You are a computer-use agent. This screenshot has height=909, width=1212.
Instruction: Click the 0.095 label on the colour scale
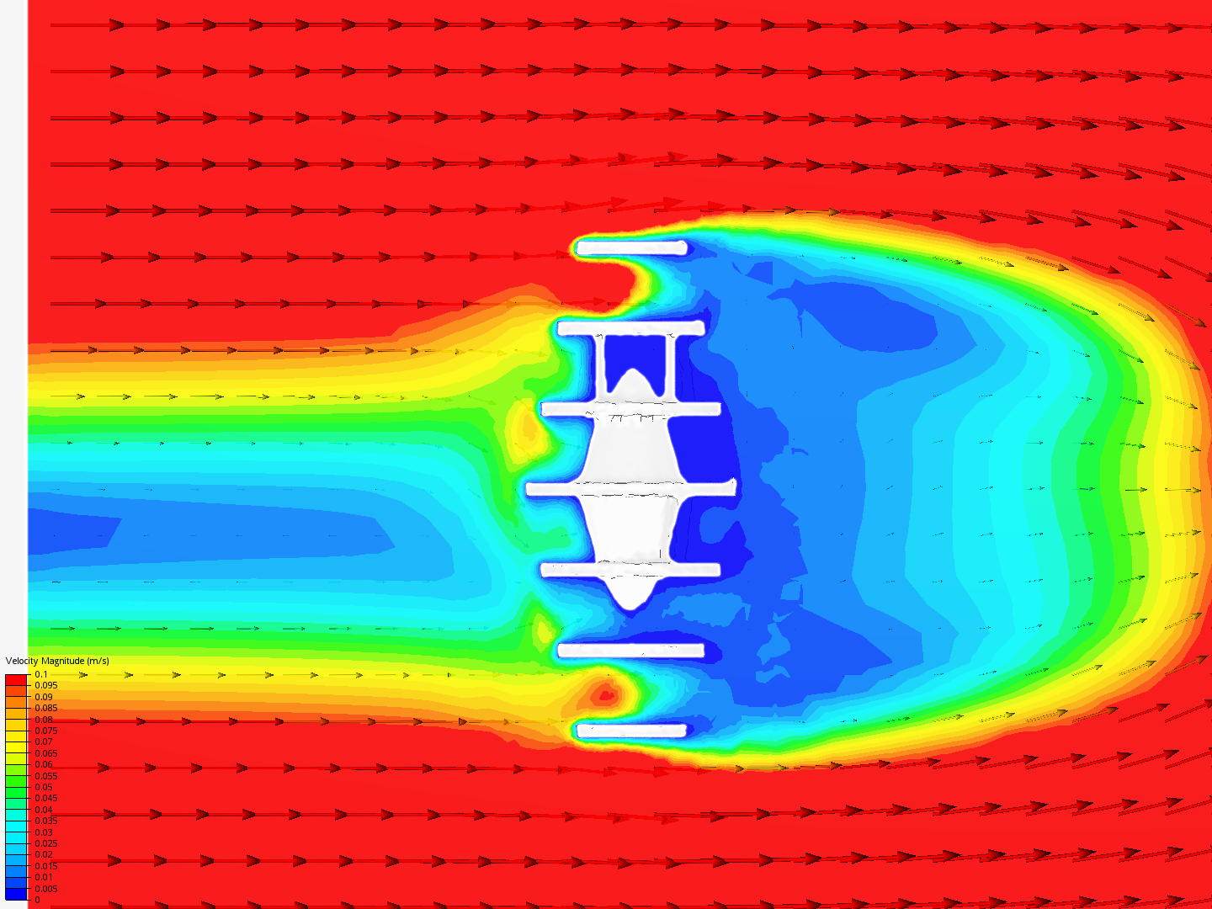45,685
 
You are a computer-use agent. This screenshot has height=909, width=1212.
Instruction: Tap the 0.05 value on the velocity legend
44,787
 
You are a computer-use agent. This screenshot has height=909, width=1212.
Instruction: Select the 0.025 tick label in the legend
45,843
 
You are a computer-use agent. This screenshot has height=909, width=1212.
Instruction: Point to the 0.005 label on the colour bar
45,889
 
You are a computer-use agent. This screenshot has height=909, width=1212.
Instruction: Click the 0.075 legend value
45,731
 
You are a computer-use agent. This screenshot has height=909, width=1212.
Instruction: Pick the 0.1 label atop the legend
41,674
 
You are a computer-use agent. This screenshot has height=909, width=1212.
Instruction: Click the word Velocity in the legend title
22,662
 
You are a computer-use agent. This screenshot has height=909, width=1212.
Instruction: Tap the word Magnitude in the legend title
62,662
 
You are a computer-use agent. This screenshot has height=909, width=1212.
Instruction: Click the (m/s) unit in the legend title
98,662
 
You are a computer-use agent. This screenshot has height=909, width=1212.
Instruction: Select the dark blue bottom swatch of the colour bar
16,894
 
